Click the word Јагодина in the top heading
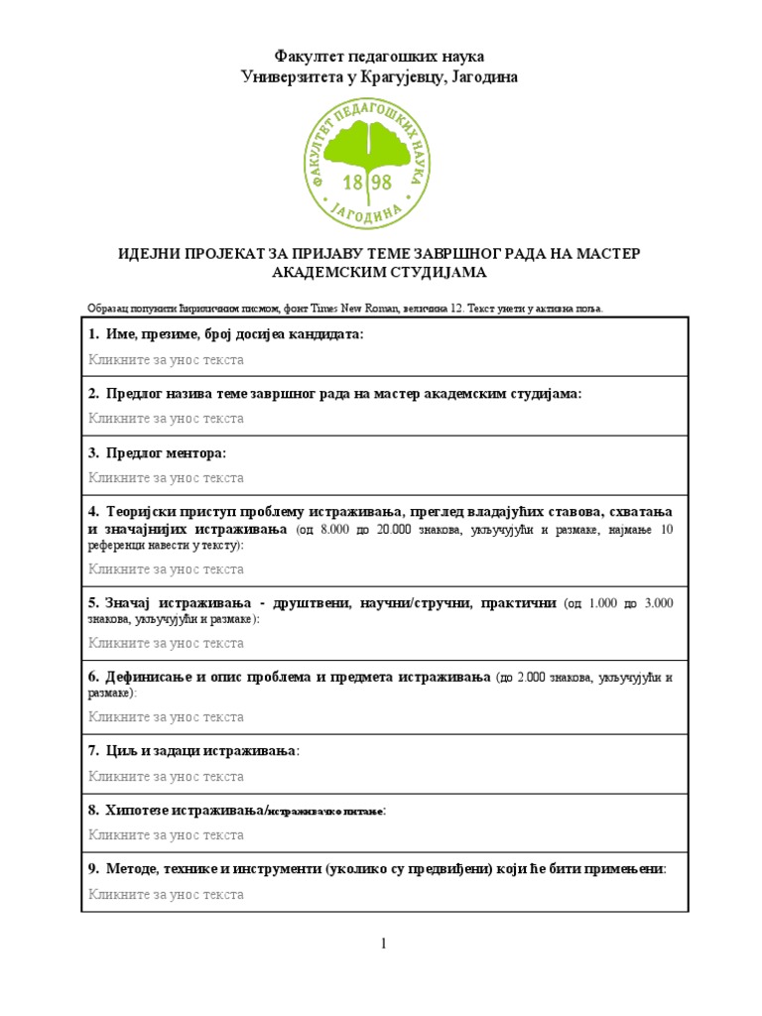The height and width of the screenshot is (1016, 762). click(484, 76)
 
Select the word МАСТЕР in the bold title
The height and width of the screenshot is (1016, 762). click(604, 254)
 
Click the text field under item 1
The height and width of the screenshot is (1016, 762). click(166, 359)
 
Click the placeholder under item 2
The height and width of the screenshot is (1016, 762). click(166, 419)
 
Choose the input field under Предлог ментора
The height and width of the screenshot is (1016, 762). click(166, 478)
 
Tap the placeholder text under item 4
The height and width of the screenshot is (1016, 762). click(166, 570)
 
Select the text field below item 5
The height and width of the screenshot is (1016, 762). click(166, 643)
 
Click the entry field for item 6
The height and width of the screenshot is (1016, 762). click(166, 716)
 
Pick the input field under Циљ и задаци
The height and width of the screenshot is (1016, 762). click(166, 776)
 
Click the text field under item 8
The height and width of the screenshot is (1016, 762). click(166, 835)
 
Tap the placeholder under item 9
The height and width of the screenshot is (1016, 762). click(166, 895)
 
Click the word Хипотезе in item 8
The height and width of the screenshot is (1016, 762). click(146, 811)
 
